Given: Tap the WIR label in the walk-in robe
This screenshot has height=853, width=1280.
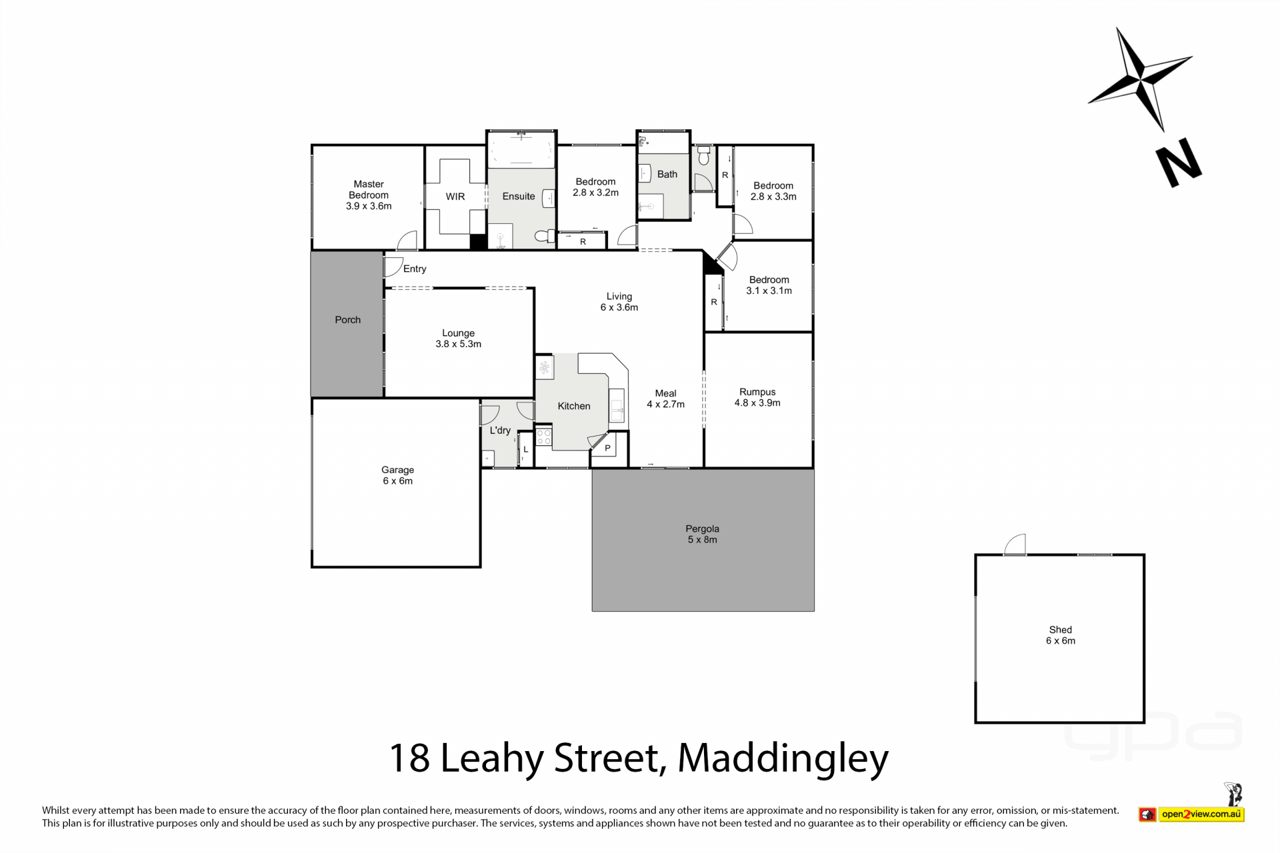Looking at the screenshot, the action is coord(455,197).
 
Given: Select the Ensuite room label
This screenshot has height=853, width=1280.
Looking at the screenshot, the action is coord(519,197).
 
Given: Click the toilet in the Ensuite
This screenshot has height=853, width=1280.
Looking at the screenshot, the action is coord(545,236).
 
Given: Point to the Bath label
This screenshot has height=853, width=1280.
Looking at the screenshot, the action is coord(667,175).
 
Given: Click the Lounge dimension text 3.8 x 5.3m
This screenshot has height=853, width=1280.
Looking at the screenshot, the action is coord(459,345).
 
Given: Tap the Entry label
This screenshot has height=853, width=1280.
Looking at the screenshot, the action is coord(415,269).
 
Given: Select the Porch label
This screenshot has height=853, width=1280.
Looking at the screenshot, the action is coord(348,320).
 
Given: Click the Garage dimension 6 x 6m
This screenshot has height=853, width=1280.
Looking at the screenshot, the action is coord(398,481).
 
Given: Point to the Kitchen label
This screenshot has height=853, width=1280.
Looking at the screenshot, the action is coord(574,406).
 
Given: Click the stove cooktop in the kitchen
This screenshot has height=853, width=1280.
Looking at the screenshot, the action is coord(544,437).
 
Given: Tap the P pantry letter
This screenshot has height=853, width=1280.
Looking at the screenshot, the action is coord(608,448).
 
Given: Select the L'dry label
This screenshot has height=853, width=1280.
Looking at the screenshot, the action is coord(500,430).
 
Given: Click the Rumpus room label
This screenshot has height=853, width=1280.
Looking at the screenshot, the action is coord(757,392).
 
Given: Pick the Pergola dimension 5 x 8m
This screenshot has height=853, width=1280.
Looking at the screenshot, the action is coord(703,540).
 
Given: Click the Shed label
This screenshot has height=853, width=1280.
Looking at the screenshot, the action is coord(1061,630).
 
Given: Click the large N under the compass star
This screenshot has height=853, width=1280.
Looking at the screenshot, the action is coord(1179,163).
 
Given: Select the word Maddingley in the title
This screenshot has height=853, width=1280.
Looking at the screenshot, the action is coord(783,759).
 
